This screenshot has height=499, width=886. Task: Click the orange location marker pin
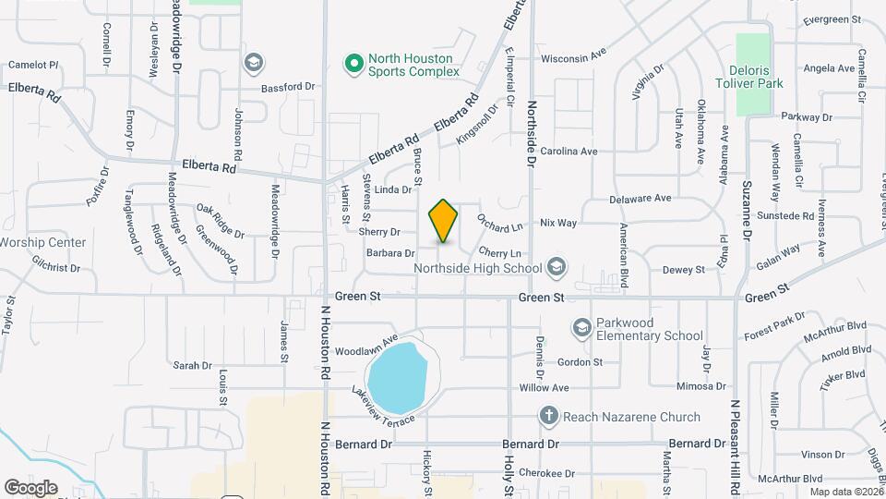click(x=443, y=221)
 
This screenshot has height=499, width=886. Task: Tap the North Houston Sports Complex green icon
click(x=353, y=64)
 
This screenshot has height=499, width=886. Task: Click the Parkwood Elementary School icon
click(x=581, y=328)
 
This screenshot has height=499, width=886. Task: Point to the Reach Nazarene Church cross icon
click(x=548, y=417)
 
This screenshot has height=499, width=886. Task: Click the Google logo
click(x=30, y=487)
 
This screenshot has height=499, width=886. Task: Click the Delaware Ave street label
click(x=640, y=199)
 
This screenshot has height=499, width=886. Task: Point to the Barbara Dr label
click(x=389, y=253)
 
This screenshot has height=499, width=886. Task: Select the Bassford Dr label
click(x=287, y=87)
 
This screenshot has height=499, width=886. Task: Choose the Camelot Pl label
click(x=33, y=65)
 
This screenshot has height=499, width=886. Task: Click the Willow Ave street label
click(x=544, y=388)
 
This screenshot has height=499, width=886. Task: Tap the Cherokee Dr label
click(x=541, y=473)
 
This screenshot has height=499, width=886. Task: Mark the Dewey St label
click(x=684, y=270)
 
